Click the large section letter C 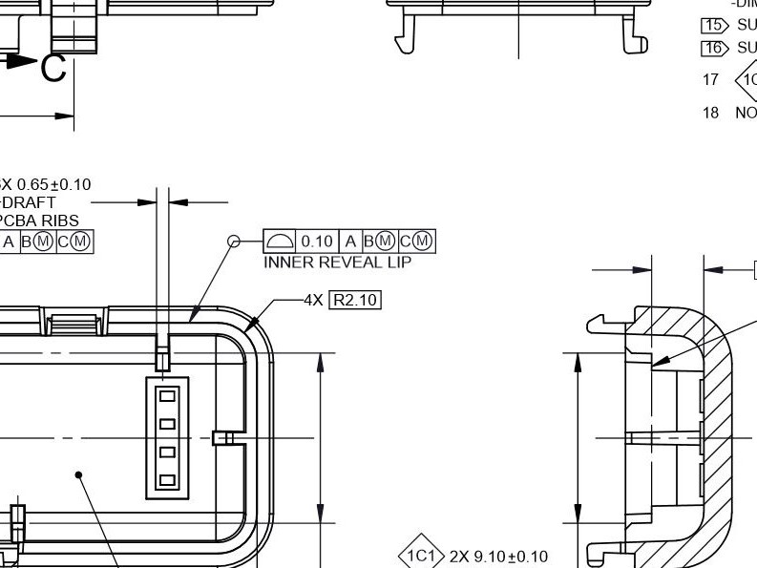[x=53, y=69]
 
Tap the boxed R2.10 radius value [x=355, y=301]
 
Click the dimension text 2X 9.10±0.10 [x=497, y=556]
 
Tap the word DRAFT [x=29, y=203]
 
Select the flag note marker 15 [x=713, y=26]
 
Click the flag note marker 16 [x=713, y=48]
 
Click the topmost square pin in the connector [x=167, y=394]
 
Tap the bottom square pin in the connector [x=167, y=480]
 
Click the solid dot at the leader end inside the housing [x=80, y=473]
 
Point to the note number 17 [x=710, y=80]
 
